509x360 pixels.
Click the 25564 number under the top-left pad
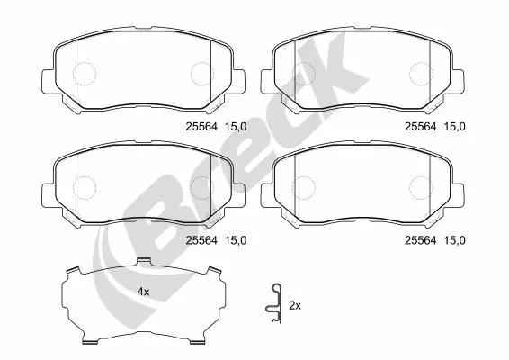click(201, 127)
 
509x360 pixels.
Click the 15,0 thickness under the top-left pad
click(236, 127)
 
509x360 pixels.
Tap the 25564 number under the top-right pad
click(420, 127)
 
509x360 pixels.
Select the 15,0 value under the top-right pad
click(454, 127)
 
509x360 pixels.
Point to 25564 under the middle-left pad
click(201, 240)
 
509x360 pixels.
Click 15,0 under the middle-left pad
click(236, 241)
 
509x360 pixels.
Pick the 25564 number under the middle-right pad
click(420, 240)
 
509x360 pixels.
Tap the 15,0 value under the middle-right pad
click(454, 241)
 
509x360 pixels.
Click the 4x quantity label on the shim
click(143, 292)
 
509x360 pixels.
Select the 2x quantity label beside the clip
click(295, 306)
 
